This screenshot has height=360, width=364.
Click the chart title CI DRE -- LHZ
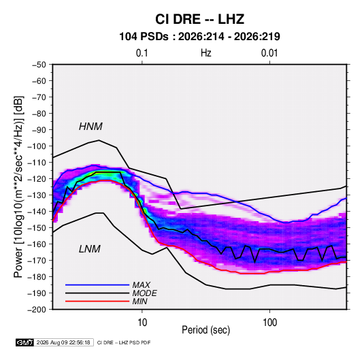(x=199, y=19)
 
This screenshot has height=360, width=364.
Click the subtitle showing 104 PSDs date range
(x=199, y=37)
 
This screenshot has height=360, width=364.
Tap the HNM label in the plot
(x=90, y=127)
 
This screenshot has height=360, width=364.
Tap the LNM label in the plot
(x=90, y=249)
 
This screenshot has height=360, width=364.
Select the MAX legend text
(x=141, y=285)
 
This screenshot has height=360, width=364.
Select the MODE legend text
(x=144, y=293)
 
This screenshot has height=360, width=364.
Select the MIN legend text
(x=139, y=301)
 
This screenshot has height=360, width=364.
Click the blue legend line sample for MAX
(x=97, y=285)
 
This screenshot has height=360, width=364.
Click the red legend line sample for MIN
(x=97, y=301)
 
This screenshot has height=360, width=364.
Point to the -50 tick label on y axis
(x=39, y=65)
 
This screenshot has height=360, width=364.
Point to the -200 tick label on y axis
(x=37, y=310)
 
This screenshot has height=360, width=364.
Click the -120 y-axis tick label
(x=37, y=179)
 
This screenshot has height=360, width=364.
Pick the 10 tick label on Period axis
(x=142, y=323)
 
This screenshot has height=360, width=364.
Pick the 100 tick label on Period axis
(x=269, y=323)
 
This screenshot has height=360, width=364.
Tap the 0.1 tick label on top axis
(x=142, y=53)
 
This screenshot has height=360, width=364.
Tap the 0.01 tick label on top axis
(x=269, y=53)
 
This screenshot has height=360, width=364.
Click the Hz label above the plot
(x=206, y=53)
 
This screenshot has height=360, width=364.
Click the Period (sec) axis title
(x=206, y=330)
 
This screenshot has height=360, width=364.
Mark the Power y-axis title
(x=18, y=187)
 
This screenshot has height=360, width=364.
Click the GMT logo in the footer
(x=25, y=342)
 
